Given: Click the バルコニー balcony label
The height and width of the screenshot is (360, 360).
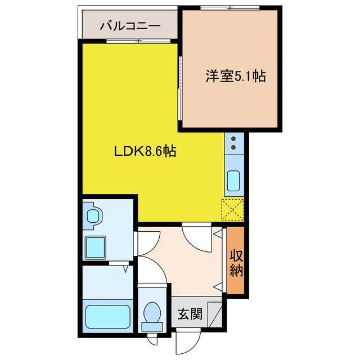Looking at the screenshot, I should pos(130,26).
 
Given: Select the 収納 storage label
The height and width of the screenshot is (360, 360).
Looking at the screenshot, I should pos(236,262).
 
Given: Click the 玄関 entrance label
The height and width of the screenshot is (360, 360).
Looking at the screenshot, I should pos(189,314).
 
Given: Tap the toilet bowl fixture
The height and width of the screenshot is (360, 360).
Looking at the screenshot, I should pos(151,316).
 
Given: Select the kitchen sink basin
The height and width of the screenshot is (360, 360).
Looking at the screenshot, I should pos(233,181).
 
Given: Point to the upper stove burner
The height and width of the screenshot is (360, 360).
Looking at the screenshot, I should pos(233,138).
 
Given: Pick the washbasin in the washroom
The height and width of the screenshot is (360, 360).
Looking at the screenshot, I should pos(93,217).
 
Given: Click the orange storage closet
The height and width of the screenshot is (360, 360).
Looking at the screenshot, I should pos(236,261).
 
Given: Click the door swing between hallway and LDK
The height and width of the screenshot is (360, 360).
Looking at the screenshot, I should pos(196,237).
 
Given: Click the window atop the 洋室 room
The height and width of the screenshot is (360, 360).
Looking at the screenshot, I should pos(230,7).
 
